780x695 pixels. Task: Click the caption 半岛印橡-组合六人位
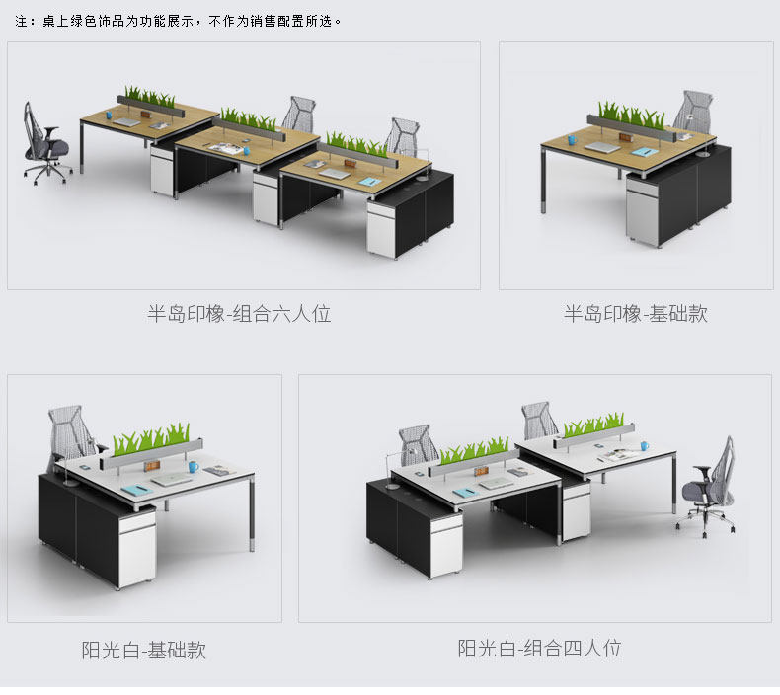239,315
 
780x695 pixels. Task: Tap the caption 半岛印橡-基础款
635,314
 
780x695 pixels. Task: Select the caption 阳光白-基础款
144,651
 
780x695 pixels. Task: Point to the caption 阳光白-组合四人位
539,649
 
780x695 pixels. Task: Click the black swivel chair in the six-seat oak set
46,142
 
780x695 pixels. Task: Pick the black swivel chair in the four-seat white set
710,488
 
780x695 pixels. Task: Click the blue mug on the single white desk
193,466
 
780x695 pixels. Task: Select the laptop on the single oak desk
602,147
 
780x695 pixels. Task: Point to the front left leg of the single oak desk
545,182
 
